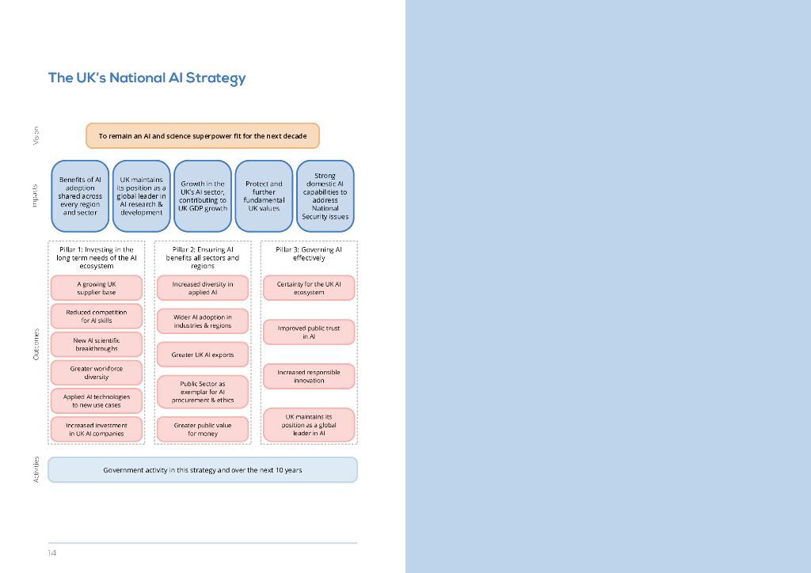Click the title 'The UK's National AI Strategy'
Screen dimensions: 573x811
pyautogui.click(x=147, y=78)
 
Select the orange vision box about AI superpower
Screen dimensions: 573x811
pyautogui.click(x=202, y=136)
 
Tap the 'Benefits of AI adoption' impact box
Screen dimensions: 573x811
pyautogui.click(x=80, y=196)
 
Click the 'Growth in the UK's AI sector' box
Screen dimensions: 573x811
pyautogui.click(x=203, y=196)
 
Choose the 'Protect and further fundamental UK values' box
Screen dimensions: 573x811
pyautogui.click(x=264, y=196)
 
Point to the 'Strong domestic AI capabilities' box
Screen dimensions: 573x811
pyautogui.click(x=325, y=196)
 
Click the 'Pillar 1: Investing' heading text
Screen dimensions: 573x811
pyautogui.click(x=97, y=257)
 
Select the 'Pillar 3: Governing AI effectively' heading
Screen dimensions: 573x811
pyautogui.click(x=309, y=253)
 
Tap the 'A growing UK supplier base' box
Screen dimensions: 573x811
pyautogui.click(x=97, y=288)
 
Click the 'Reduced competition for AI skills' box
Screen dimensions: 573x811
pyautogui.click(x=97, y=317)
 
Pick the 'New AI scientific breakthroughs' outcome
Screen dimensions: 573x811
pyautogui.click(x=97, y=344)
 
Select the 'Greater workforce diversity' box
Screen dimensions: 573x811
pyautogui.click(x=97, y=373)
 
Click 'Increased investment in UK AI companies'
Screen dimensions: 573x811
pyautogui.click(x=97, y=429)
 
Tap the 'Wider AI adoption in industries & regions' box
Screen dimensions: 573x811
pyautogui.click(x=203, y=321)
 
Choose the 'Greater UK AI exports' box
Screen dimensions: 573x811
pyautogui.click(x=203, y=355)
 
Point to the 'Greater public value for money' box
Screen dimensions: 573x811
pyautogui.click(x=203, y=429)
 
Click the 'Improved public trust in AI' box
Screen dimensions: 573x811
pyautogui.click(x=309, y=332)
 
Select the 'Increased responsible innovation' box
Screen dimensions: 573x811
pyautogui.click(x=309, y=376)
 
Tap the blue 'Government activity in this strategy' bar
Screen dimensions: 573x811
pyautogui.click(x=202, y=470)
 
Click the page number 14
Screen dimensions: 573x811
pyautogui.click(x=51, y=552)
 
